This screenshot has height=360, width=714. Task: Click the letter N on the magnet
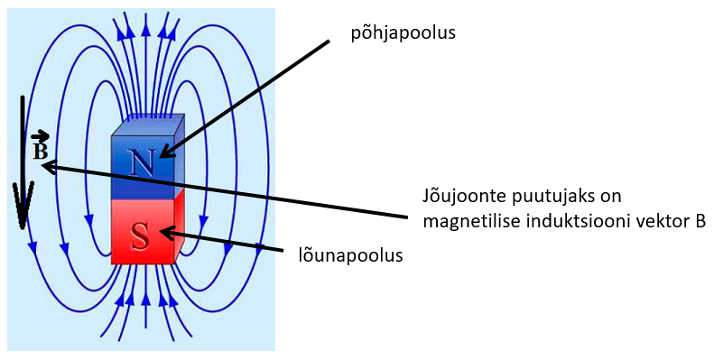point(142,162)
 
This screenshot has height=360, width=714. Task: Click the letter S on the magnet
point(140,236)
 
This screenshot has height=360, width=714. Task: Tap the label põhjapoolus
point(403,33)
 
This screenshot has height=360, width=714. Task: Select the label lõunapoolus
point(350,254)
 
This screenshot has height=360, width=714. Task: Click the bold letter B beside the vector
point(40,151)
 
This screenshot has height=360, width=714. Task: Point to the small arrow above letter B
point(40,136)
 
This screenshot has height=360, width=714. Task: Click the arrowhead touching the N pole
point(167,151)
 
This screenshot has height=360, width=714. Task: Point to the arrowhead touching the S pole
point(169,234)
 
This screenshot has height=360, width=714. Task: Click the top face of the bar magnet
point(148,125)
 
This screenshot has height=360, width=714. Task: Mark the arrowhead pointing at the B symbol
point(49,167)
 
